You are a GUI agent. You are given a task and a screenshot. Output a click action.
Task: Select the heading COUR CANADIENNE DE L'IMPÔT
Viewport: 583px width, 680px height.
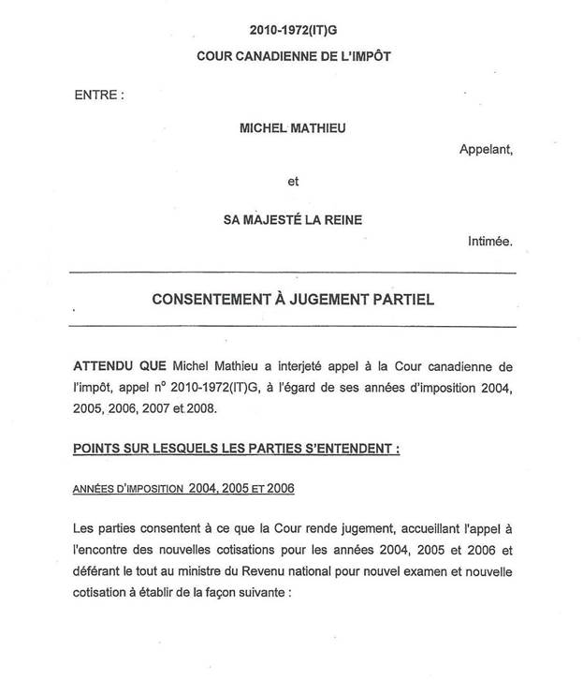[x=293, y=56]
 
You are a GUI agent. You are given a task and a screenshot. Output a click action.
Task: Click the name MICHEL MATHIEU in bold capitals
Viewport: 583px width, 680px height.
[x=293, y=128]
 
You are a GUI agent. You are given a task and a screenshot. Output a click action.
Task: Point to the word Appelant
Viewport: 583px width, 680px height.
[x=487, y=149]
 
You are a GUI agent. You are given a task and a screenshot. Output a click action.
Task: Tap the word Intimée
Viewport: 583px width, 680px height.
[x=490, y=242]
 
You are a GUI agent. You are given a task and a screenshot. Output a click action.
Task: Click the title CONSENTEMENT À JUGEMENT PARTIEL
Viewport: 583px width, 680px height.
[x=293, y=301]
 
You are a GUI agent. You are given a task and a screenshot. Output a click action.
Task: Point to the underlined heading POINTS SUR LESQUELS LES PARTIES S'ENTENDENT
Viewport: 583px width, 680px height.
[x=236, y=449]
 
